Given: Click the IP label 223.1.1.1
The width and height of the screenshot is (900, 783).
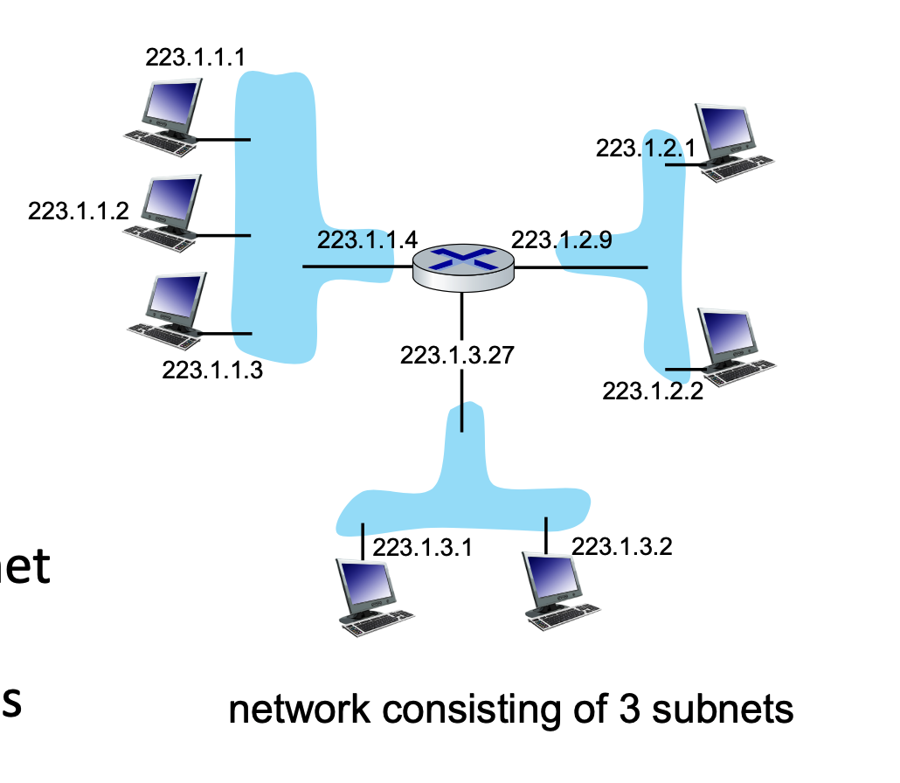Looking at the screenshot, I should coord(195,58).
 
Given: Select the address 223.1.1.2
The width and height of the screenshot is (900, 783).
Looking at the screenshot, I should coord(79,211).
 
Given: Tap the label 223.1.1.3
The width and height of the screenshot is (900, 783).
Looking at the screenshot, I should coord(212,370).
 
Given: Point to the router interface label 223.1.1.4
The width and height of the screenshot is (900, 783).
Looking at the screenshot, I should coord(367,239).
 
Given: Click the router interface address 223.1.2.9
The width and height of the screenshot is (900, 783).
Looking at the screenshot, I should coord(561,239).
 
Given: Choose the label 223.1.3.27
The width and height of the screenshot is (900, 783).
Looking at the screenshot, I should coord(457,356).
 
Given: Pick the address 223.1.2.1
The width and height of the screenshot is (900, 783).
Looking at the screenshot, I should coord(646,149).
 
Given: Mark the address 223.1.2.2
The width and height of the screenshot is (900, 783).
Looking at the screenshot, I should coord(652,391).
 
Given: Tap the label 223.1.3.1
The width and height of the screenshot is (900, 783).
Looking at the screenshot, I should coord(422,547).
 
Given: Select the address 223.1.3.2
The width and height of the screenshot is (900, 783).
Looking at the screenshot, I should coord(621,546).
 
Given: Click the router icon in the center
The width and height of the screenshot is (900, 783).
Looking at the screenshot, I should coord(463,266).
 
